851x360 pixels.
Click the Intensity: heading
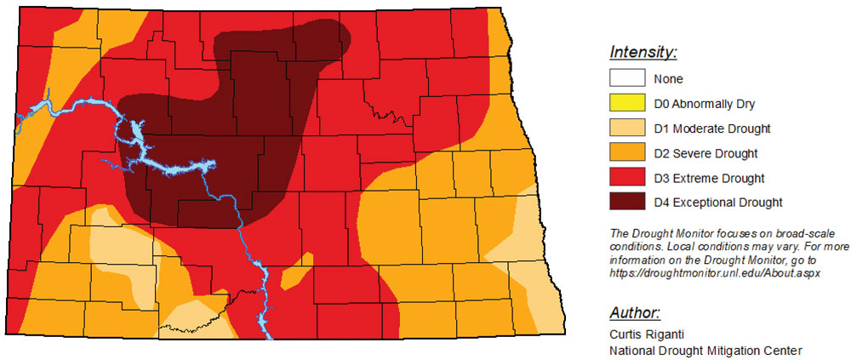click(643, 53)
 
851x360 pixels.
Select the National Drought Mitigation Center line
click(706, 350)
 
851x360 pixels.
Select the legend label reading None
click(669, 79)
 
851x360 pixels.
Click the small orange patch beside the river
click(291, 277)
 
